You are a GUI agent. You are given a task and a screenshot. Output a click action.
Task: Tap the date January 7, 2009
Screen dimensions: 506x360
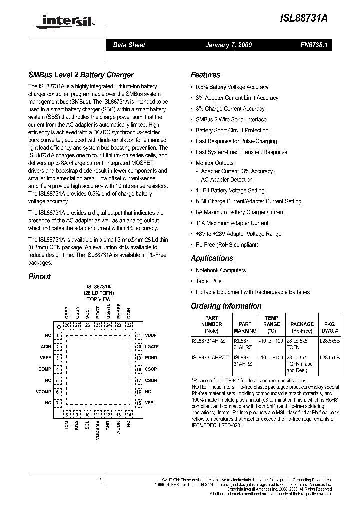228,45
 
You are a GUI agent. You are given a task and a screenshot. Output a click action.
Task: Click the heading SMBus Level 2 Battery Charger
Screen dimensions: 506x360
81,75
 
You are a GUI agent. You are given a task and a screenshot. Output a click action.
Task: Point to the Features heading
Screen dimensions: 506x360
205,75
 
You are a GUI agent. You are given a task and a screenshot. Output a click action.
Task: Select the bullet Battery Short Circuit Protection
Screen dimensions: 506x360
232,130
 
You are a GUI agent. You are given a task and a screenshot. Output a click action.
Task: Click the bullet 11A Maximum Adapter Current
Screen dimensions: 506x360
232,223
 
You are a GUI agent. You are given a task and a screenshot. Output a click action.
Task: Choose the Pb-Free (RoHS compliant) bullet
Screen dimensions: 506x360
227,245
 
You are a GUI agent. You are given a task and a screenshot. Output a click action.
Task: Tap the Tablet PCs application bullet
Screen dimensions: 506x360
208,281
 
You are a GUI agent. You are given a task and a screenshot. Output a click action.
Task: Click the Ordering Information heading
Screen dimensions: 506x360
226,306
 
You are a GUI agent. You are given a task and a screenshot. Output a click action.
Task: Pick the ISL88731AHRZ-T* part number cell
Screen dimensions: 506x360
211,358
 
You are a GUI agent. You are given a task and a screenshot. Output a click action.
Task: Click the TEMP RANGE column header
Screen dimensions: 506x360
271,324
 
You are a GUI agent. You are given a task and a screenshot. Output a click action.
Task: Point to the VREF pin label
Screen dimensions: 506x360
46,358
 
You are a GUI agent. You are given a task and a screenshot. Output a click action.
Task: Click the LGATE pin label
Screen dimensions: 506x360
151,347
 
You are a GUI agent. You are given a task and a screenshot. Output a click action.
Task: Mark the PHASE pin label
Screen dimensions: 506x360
119,312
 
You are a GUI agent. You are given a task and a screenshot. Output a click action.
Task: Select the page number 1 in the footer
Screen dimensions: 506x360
100,480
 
